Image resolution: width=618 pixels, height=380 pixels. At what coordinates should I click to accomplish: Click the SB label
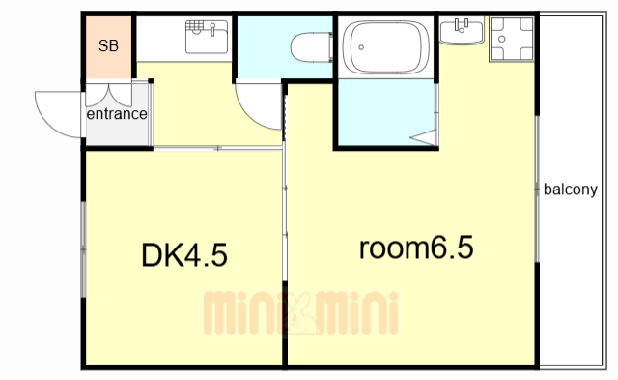tap(108, 45)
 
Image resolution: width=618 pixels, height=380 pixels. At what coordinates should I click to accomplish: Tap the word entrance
tap(117, 114)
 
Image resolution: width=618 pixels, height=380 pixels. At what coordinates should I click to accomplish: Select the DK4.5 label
tap(184, 255)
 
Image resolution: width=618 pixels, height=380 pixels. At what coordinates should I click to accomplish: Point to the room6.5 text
tap(416, 248)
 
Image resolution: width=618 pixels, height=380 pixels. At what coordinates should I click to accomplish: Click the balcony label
tap(571, 190)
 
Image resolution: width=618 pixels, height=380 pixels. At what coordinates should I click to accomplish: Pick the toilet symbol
tap(312, 47)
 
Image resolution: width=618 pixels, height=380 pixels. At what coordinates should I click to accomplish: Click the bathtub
tap(386, 47)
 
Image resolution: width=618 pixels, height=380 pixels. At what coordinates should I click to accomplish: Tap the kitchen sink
tap(207, 37)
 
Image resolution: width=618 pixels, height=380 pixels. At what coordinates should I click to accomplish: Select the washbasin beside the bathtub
tap(462, 31)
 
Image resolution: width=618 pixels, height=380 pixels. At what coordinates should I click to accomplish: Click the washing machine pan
tap(512, 39)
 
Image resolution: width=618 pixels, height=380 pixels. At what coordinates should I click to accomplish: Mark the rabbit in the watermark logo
tap(301, 313)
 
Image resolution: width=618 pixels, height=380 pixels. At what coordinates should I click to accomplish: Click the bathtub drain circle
tap(361, 47)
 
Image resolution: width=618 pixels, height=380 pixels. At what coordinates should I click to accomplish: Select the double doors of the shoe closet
tap(109, 95)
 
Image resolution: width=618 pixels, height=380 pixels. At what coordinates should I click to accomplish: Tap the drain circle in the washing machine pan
tap(502, 39)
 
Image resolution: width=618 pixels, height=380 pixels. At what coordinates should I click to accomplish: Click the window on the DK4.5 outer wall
tap(83, 249)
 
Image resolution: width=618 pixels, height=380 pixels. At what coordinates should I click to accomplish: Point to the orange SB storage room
tap(108, 47)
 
